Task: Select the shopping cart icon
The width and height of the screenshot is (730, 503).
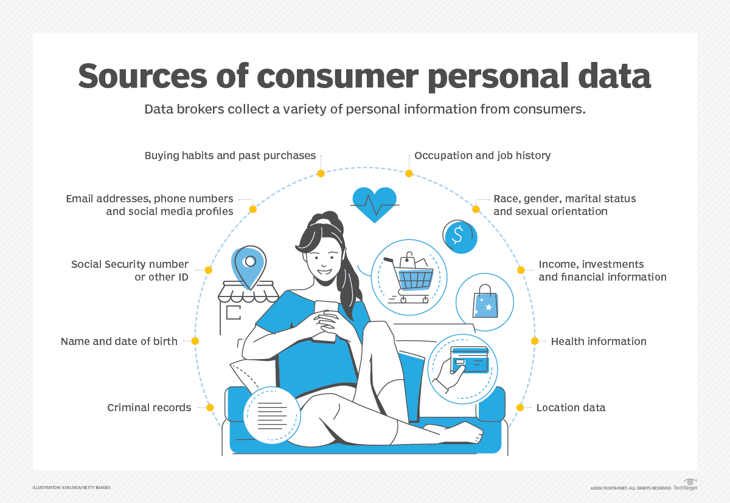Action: (408, 276)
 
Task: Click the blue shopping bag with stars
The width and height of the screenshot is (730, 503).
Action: (485, 302)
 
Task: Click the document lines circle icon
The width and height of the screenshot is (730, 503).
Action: (272, 415)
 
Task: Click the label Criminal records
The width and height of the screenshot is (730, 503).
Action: (149, 408)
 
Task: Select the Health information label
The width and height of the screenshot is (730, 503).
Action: (599, 341)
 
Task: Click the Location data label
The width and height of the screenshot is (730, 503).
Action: (571, 408)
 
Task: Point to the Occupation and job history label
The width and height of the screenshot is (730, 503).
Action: (482, 156)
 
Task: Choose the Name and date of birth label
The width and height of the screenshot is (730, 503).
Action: (119, 341)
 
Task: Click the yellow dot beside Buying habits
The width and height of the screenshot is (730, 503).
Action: (321, 174)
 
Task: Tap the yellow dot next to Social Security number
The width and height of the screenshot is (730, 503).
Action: (208, 270)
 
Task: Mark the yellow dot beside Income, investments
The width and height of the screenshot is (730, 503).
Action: (521, 270)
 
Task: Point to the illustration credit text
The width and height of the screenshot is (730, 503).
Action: (71, 488)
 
